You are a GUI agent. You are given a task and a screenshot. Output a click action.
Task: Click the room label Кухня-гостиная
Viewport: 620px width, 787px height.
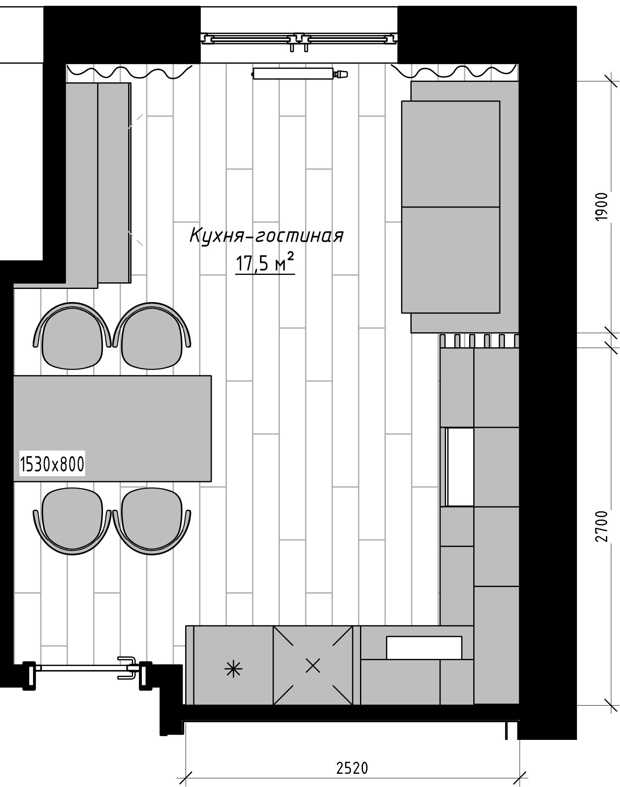pos(266,236)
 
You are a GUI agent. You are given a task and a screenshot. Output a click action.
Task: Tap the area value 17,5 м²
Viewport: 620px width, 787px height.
pos(265,264)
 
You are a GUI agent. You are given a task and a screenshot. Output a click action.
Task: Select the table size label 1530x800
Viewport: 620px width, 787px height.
pos(52,464)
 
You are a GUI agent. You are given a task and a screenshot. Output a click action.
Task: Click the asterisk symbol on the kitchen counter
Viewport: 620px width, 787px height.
pos(234,669)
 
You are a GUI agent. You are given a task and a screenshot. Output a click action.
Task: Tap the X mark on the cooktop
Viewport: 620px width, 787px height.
pos(313,665)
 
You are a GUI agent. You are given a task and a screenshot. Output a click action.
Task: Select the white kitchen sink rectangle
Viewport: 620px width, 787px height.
pos(424,647)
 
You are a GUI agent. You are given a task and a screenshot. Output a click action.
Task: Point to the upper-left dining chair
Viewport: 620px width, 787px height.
pos(72,336)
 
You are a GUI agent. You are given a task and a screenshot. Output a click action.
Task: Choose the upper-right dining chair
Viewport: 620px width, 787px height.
pos(152,336)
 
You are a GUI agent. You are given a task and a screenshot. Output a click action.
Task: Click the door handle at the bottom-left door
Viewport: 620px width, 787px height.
pos(127,668)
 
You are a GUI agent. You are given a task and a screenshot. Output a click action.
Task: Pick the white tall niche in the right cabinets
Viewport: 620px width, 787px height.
pos(460,467)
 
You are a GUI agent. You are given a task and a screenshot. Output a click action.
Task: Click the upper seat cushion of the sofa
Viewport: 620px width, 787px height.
pos(451,154)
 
